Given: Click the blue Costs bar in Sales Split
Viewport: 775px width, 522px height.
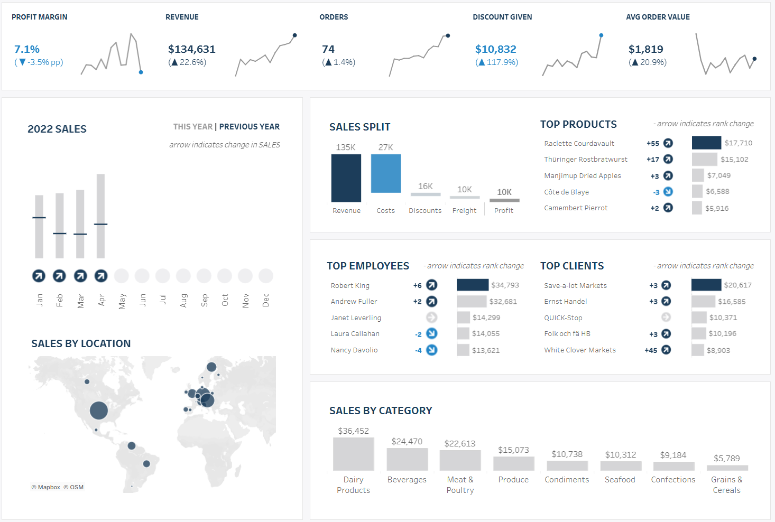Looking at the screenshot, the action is click(x=386, y=173).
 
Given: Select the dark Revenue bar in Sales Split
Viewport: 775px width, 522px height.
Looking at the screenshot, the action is click(x=346, y=178).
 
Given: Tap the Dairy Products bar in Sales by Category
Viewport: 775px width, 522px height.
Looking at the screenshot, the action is click(x=354, y=454).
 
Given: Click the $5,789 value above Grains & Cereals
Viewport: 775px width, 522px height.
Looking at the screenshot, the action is click(x=726, y=459).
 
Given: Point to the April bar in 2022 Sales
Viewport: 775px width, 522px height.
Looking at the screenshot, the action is click(x=100, y=216).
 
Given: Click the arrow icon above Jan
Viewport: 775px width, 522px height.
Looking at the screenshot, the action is click(x=39, y=276).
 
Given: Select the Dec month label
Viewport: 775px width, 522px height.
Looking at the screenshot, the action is click(x=266, y=300).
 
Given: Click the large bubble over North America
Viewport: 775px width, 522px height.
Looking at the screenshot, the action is click(x=99, y=411).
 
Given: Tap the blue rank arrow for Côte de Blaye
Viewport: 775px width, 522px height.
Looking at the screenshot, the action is click(x=668, y=191).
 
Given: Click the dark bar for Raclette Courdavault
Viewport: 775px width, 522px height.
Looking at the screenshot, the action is click(x=706, y=143).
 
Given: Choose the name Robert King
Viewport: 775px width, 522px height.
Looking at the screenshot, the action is click(x=350, y=285).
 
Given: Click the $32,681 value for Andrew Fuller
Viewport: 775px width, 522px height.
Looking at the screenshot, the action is click(x=503, y=302).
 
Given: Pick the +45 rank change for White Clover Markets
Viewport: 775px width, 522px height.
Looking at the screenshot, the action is click(x=651, y=350).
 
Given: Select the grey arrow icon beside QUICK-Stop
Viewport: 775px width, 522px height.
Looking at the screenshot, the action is click(x=666, y=317).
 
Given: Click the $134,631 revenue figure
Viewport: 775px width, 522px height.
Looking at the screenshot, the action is click(x=192, y=49).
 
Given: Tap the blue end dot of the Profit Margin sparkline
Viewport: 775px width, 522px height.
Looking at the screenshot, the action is click(x=141, y=72).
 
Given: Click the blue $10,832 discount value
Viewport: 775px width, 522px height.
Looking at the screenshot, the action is click(x=495, y=49).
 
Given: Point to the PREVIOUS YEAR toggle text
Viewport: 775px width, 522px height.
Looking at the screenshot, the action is click(x=250, y=126).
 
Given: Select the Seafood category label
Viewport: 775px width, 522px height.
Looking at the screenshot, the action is click(x=620, y=480).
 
